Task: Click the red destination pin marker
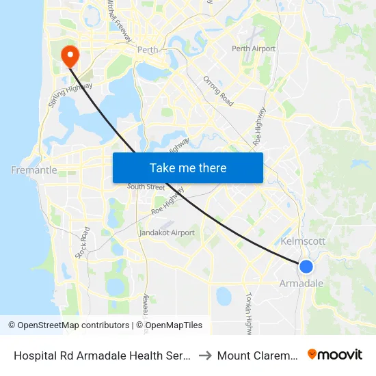[x=70, y=55]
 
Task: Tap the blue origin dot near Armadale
[x=306, y=267]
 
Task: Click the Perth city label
[x=148, y=50]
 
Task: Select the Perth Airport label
[x=254, y=49]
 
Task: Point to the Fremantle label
[x=34, y=170]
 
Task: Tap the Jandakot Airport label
[x=167, y=232]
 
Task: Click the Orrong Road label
[x=218, y=91]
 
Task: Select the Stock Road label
[x=82, y=243]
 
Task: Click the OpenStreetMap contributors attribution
[x=68, y=325]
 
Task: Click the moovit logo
[x=335, y=354]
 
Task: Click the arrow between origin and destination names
[x=203, y=355]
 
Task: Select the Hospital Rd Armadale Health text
[x=101, y=355]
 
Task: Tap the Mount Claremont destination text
[x=256, y=355]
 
